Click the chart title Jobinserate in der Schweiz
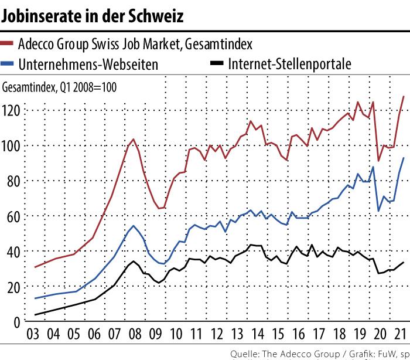click(x=93, y=15)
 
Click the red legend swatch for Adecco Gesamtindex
click(x=8, y=43)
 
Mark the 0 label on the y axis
click(x=18, y=321)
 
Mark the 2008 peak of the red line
click(x=134, y=139)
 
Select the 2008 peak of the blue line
click(x=134, y=226)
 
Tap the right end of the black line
click(x=404, y=262)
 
